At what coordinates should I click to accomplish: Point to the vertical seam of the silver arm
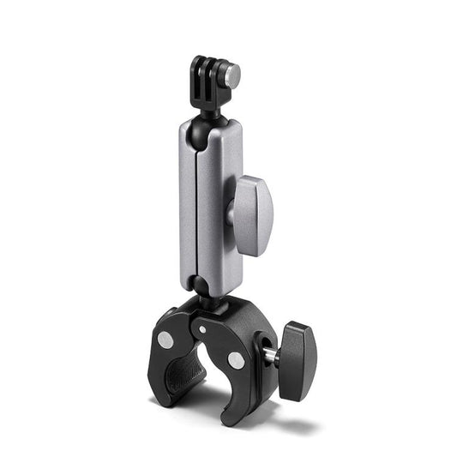tap(198, 206)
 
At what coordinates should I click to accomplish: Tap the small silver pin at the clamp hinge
tap(202, 328)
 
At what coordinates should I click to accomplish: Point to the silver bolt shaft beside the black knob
tap(272, 353)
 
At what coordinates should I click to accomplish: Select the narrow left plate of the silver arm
tap(188, 206)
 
